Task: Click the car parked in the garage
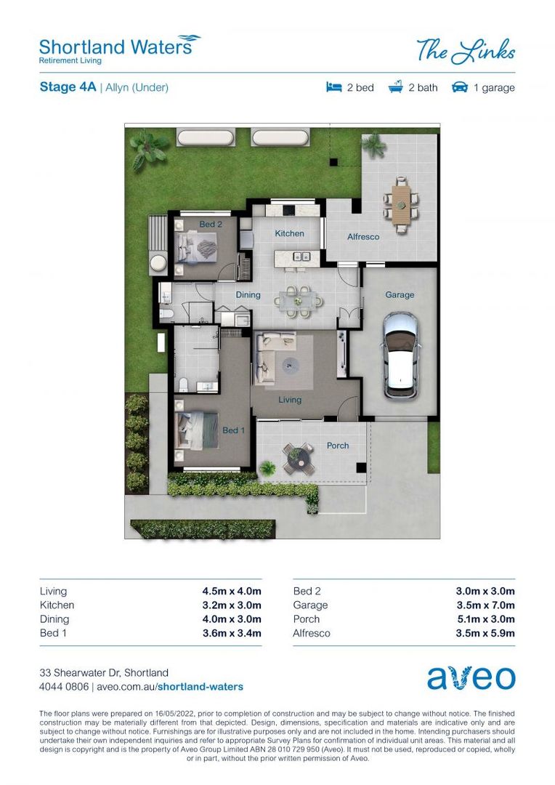point(400,355)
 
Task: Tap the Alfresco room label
point(362,237)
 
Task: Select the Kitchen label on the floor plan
point(289,233)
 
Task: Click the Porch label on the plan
point(338,446)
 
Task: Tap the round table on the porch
point(297,457)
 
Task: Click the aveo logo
point(471,677)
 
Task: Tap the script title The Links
point(466,52)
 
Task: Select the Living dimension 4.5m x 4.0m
point(232,591)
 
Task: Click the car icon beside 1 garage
point(459,87)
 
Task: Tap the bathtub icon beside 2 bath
point(396,87)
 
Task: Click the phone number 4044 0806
point(64,686)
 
